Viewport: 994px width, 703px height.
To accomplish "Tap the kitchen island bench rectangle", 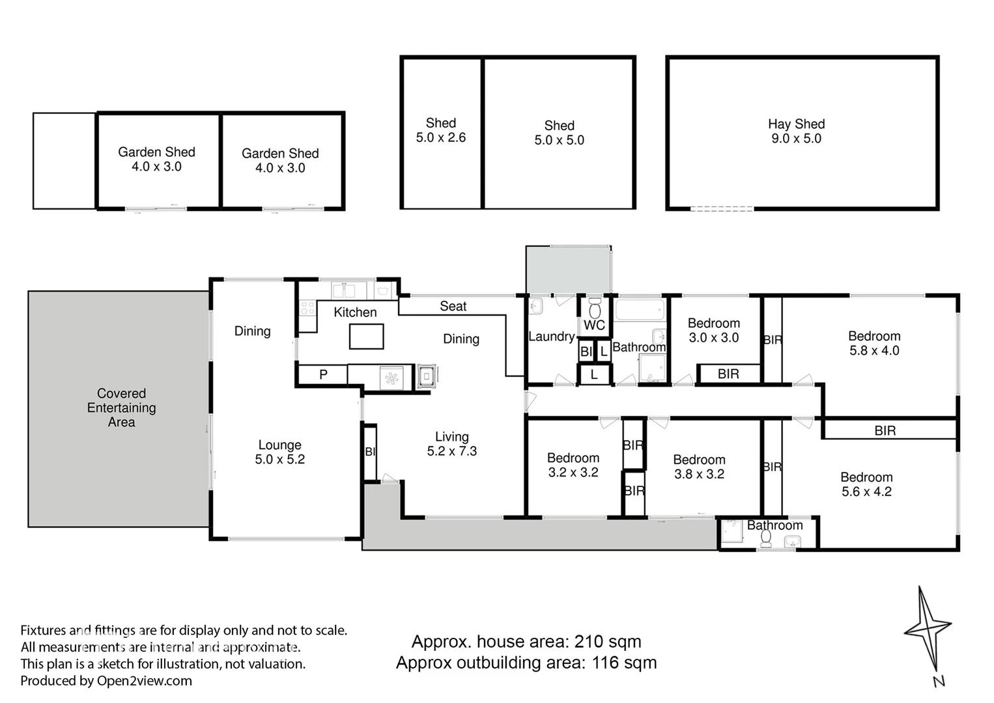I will pos(366,337).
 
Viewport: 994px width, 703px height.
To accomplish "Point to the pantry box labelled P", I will pos(323,375).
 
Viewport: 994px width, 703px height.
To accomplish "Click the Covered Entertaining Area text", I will pos(121,407).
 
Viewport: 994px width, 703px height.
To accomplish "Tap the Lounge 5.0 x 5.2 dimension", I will pos(279,459).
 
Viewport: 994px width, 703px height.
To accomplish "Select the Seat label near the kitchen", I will pos(453,306).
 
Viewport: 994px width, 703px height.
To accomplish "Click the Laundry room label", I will pos(551,337).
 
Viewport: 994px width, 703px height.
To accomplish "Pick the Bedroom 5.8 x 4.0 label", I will pos(874,343).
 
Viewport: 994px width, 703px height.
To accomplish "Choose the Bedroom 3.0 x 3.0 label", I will pos(714,330).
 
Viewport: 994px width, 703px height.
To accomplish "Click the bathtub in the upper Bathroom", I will pos(640,310).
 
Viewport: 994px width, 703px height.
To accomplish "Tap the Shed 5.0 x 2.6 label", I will pos(441,130).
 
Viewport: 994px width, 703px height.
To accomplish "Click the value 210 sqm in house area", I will pos(607,642).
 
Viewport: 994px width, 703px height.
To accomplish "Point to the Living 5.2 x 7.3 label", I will pos(451,444).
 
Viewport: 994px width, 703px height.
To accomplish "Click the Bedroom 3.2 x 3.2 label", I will pos(573,465).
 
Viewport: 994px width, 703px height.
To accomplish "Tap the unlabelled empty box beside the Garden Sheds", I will pos(64,161).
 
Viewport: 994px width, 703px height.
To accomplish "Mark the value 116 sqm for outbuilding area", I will pos(623,663).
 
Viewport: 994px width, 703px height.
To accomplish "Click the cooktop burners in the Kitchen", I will pos(307,308).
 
